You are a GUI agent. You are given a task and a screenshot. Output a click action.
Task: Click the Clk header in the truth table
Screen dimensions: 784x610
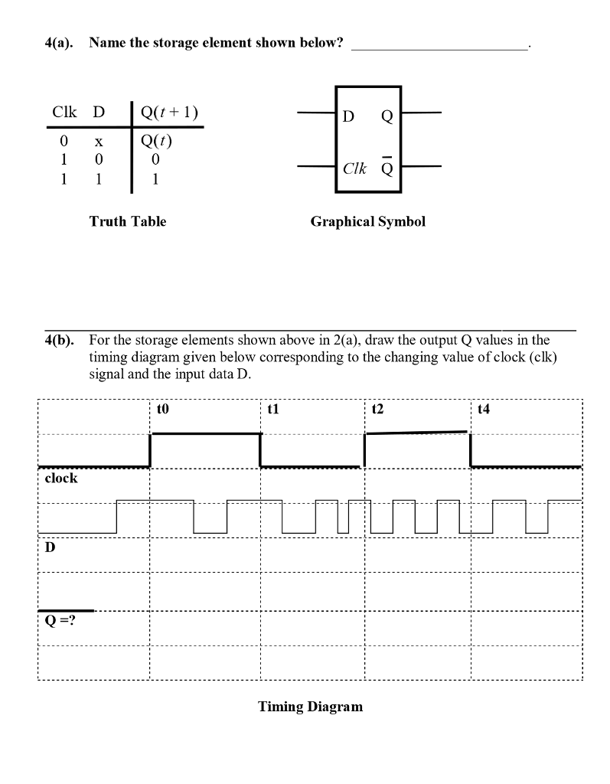click(x=65, y=113)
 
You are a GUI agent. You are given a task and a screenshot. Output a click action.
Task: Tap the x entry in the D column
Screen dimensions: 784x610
click(x=98, y=143)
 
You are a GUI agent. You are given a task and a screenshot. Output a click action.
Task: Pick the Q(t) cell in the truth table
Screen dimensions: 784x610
click(x=156, y=142)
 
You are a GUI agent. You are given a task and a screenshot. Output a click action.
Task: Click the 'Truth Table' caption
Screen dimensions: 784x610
click(x=127, y=221)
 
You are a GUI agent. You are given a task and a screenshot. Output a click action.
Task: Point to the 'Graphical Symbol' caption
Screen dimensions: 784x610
click(x=367, y=221)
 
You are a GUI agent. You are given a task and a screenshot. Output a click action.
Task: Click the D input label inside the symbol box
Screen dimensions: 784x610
click(x=348, y=116)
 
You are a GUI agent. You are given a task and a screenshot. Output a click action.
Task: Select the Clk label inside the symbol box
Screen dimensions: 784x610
click(x=354, y=168)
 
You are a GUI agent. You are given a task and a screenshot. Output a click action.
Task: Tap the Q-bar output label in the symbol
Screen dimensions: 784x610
click(x=387, y=168)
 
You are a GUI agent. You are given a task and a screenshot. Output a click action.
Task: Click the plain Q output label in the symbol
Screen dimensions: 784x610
click(x=387, y=116)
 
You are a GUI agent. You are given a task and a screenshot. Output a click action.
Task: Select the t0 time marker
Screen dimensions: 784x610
click(x=161, y=410)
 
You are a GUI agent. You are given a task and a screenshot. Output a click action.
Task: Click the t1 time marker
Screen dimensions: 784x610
click(x=272, y=410)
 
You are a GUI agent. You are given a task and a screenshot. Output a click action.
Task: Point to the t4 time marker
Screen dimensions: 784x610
click(x=482, y=410)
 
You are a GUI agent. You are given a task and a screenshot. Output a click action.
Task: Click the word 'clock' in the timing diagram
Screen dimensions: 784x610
click(x=61, y=478)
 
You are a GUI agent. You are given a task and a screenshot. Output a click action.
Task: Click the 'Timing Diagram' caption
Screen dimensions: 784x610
click(x=310, y=706)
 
